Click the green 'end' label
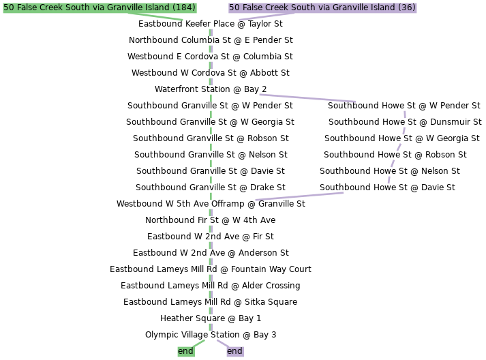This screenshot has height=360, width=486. click(x=185, y=351)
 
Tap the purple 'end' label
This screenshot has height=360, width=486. click(x=234, y=351)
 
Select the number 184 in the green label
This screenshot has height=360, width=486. click(x=184, y=7)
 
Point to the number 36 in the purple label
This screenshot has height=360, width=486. click(x=407, y=7)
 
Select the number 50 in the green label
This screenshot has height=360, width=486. click(x=9, y=7)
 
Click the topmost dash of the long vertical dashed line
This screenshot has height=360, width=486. click(x=211, y=32)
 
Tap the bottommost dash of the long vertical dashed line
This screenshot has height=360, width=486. click(x=211, y=327)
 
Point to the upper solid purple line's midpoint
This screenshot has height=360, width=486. click(x=307, y=98)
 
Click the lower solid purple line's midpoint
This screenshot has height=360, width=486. click(x=299, y=196)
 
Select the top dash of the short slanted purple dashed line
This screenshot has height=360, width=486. click(x=405, y=114)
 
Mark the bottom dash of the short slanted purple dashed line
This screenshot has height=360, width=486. click(x=389, y=180)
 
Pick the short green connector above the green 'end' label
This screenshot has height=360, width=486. click(x=198, y=342)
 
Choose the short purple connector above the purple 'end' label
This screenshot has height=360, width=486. click(x=222, y=342)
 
